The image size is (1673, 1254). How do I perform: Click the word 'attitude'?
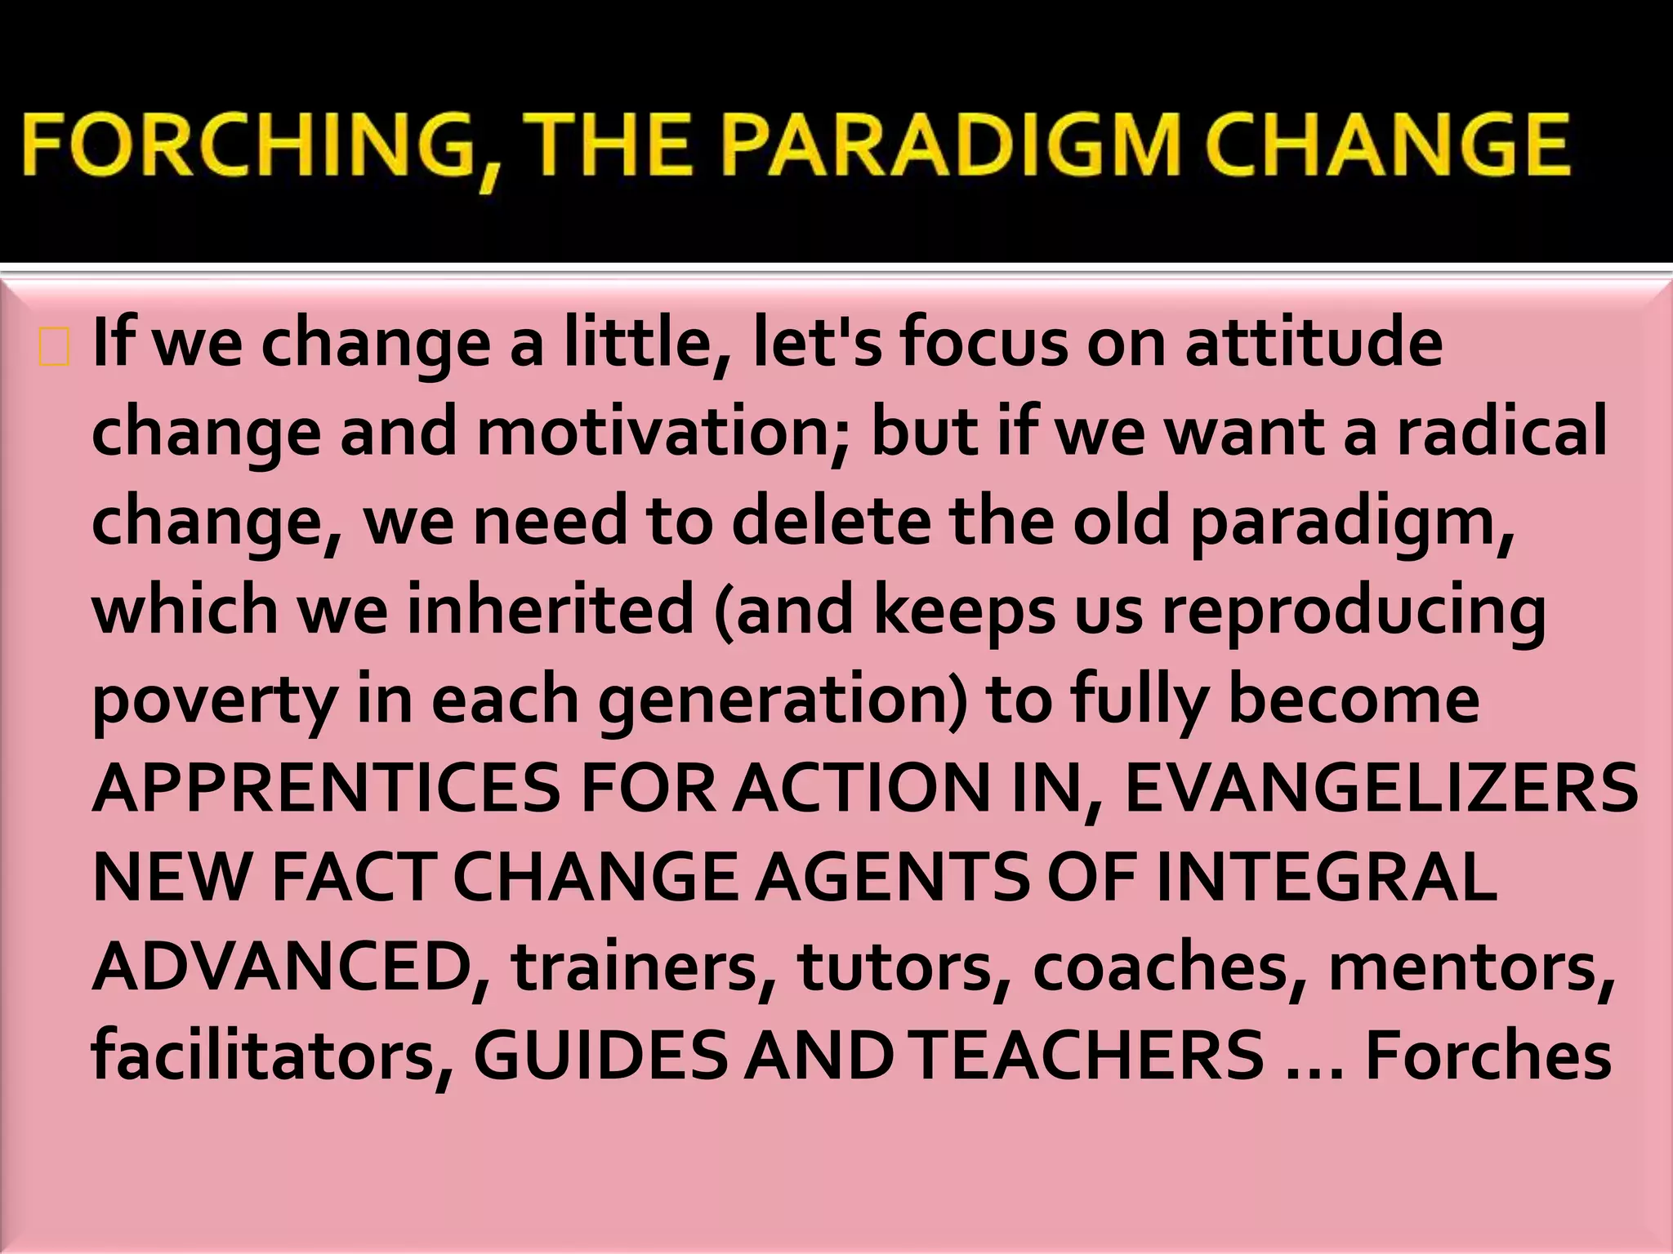pyautogui.click(x=1314, y=343)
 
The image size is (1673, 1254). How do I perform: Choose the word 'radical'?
pyautogui.click(x=1501, y=432)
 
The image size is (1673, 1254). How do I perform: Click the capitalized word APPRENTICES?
pyautogui.click(x=327, y=789)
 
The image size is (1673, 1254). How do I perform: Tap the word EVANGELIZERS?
pyautogui.click(x=1381, y=789)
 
